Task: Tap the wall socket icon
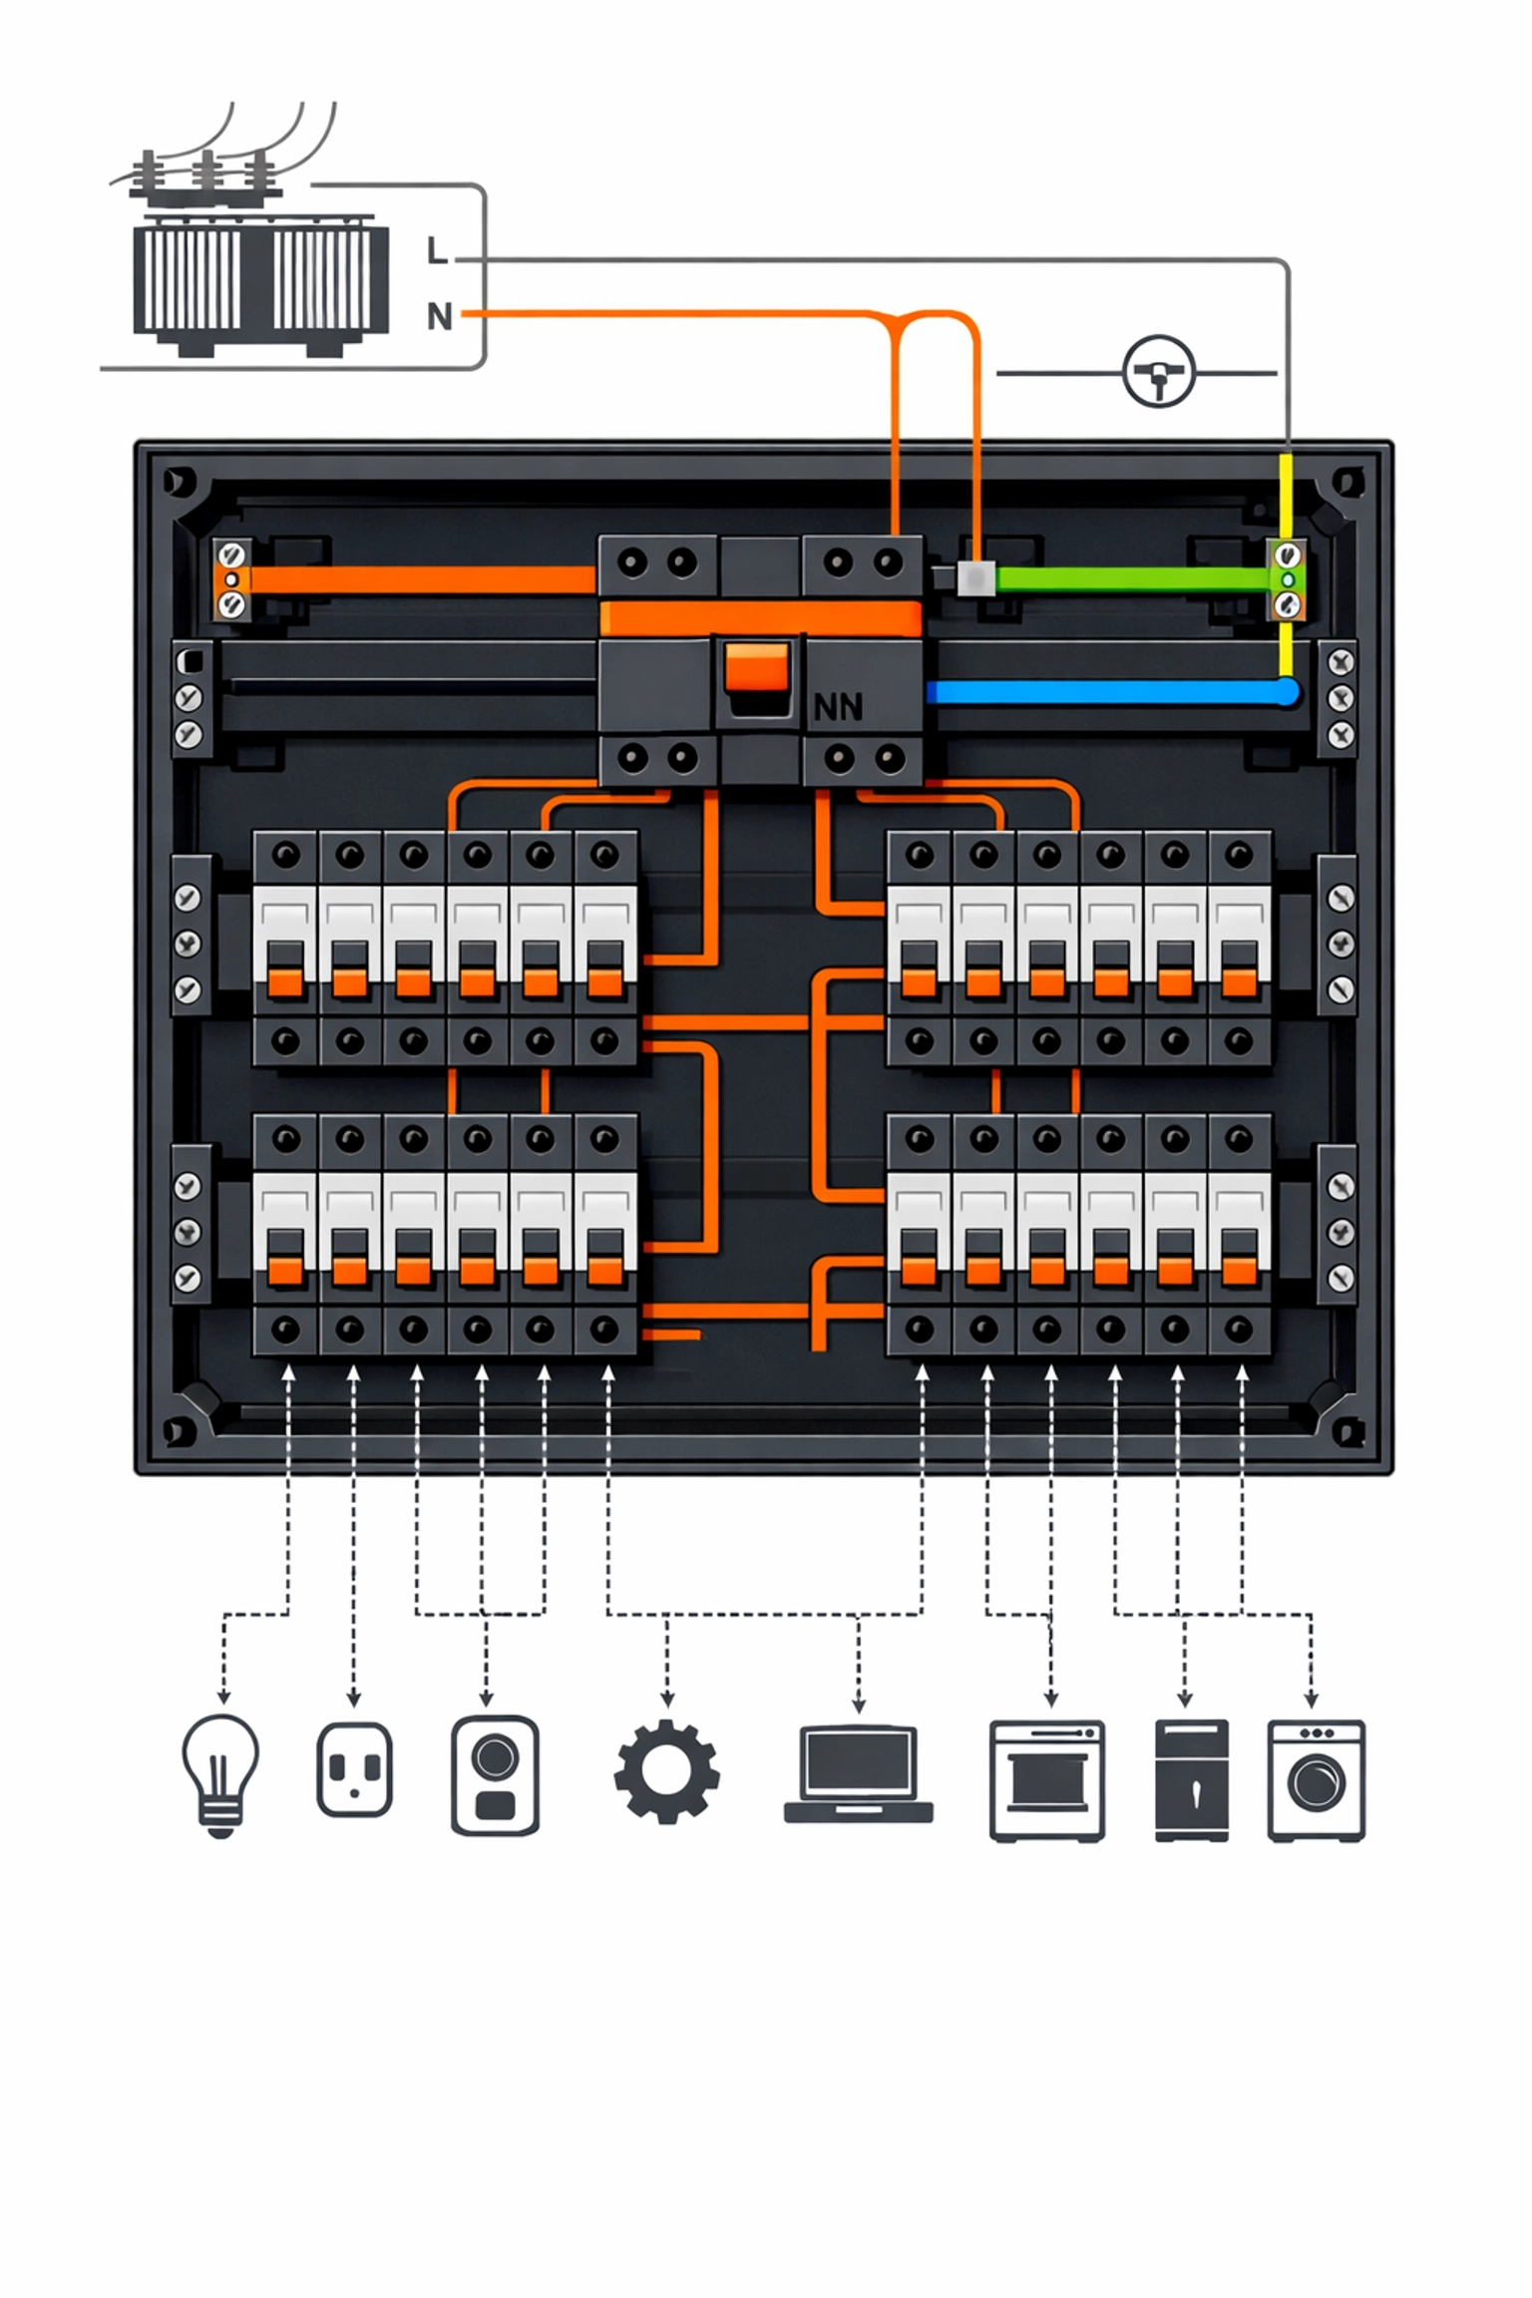[354, 1769]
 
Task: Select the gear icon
[666, 1770]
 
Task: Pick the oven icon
[1046, 1779]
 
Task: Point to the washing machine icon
[1316, 1779]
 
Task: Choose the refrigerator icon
[1191, 1779]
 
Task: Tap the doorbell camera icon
[495, 1774]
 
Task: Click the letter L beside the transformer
[436, 250]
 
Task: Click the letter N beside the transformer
[439, 316]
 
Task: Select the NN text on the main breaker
[838, 707]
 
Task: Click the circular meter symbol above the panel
[1158, 372]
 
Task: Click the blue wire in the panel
[1107, 691]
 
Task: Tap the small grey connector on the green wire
[975, 578]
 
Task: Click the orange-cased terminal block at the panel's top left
[231, 578]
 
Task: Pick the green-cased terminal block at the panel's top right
[1287, 578]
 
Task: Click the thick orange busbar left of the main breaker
[419, 579]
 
